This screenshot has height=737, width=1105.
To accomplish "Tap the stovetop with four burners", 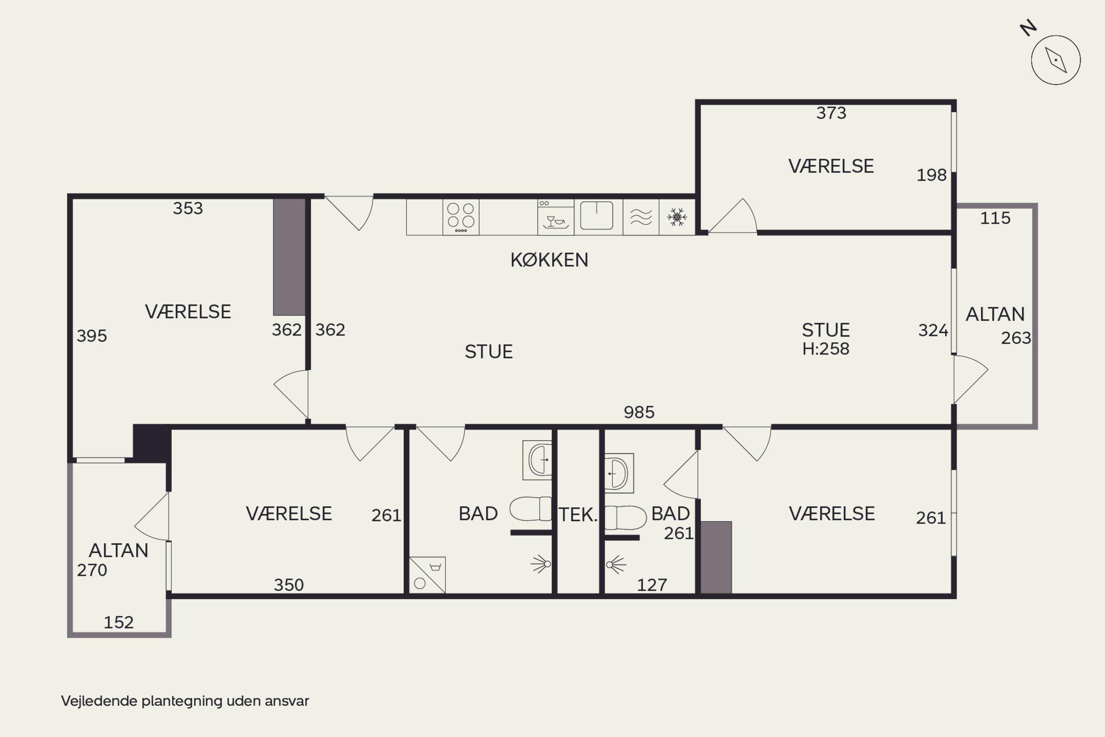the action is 461,217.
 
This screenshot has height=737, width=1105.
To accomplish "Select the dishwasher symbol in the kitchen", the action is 556,217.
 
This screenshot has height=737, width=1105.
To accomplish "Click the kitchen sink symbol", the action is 597,216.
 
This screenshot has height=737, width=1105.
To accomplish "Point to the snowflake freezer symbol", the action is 677,217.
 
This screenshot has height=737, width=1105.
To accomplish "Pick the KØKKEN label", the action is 549,260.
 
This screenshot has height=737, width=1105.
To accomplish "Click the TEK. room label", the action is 578,515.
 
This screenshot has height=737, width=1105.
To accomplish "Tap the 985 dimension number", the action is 639,412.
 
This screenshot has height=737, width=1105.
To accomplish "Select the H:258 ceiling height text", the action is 825,349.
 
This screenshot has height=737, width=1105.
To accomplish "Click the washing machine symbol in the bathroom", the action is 427,575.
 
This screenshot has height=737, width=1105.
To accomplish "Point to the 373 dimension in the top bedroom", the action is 831,113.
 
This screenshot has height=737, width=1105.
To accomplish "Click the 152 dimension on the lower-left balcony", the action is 118,622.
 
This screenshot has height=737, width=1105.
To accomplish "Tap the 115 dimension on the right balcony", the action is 995,218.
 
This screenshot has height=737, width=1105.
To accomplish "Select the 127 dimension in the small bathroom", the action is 652,585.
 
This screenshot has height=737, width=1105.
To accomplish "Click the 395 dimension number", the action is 92,336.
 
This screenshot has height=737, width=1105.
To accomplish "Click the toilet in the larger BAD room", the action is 531,509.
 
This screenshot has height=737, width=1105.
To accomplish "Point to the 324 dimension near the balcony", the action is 933,331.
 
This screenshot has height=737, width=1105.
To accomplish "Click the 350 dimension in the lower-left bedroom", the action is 288,585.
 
